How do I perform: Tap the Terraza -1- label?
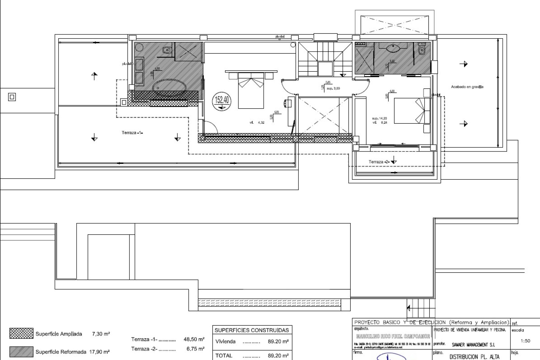pos(132,132)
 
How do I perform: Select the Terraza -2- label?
pos(379,162)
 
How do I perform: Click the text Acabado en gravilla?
pos(467,87)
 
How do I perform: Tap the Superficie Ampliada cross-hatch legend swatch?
pos(21,334)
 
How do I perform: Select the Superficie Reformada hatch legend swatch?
pos(21,352)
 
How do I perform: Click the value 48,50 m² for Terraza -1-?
pos(194,339)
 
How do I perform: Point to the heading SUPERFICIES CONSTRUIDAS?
pos(252,330)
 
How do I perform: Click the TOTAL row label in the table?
pos(224,355)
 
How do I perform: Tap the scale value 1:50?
pos(525,341)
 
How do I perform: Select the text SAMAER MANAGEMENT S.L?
pos(473,345)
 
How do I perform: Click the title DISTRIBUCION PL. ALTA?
pos(474,357)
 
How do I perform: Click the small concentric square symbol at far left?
pos(12,97)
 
